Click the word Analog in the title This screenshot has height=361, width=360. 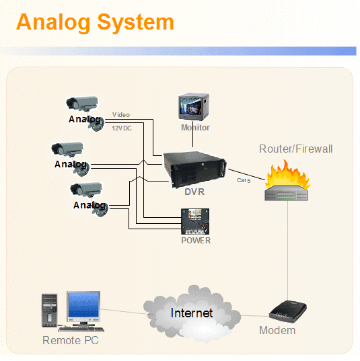point(53,24)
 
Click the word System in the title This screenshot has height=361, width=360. point(135,23)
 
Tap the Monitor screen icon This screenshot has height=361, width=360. point(194,107)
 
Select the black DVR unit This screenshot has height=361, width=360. point(194,169)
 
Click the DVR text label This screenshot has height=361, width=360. point(194,192)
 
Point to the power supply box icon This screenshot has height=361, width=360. point(195,221)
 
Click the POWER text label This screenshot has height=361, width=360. point(196,241)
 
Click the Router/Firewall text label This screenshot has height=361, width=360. point(295,149)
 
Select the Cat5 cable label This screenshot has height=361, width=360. point(244,180)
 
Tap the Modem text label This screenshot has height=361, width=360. point(277,330)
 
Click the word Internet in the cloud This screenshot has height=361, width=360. point(192,313)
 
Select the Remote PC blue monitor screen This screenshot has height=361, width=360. point(83,305)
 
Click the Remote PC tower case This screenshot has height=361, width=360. point(49,311)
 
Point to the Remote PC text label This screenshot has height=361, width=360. point(71,340)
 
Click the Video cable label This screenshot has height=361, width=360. point(121,115)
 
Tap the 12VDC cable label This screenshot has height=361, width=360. point(122,128)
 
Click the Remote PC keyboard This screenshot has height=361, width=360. point(81,329)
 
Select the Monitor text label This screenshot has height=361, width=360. point(195,127)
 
